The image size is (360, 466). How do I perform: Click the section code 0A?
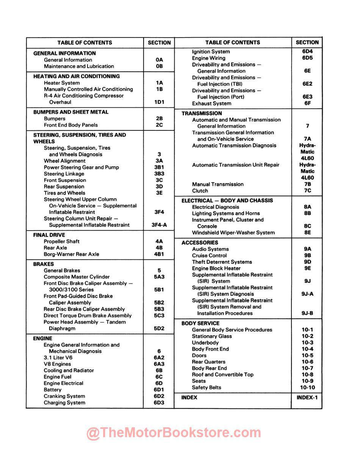[159, 60]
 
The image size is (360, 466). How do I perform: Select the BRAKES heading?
[44, 264]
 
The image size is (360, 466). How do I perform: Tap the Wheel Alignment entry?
[65, 161]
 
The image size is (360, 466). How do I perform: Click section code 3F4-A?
[159, 225]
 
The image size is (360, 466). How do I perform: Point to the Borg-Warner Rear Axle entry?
[71, 254]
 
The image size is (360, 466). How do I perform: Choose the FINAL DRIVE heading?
[49, 235]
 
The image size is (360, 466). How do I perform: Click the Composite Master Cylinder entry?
[77, 277]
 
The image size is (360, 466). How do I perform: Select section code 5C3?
[159, 315]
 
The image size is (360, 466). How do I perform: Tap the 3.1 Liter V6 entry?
[58, 358]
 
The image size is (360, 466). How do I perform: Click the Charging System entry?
[64, 403]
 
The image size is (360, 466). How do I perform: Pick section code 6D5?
[307, 58]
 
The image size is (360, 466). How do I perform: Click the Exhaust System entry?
[211, 104]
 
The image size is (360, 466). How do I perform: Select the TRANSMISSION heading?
[202, 113]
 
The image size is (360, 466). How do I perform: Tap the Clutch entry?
[200, 191]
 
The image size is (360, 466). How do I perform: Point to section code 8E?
[307, 232]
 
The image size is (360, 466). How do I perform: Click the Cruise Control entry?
[210, 256]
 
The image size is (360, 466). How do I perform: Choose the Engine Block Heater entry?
[216, 268]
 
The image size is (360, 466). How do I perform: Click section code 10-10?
[307, 388]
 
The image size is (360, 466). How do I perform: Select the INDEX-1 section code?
[307, 398]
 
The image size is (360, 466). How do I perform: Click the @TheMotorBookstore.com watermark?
[174, 433]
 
